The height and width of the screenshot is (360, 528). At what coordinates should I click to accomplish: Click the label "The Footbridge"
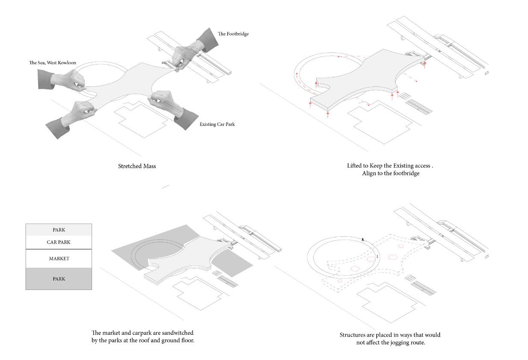pos(233,34)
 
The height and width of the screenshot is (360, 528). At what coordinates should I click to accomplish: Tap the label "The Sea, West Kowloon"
pos(53,63)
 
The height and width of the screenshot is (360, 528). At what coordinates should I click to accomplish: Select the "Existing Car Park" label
pos(217,124)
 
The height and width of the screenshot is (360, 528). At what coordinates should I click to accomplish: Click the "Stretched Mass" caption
pos(137,166)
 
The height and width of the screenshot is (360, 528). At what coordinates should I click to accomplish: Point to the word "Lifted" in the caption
pos(355,165)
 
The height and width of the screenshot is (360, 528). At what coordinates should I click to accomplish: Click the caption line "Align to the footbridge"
pos(390,173)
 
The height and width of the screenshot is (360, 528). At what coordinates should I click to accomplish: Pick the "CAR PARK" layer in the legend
pos(59,242)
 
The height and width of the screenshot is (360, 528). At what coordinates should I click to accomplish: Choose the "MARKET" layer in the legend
pos(59,259)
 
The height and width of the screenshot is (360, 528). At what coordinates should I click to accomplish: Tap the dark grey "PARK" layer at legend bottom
pos(59,279)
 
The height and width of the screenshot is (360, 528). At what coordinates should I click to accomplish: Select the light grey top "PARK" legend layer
pos(59,230)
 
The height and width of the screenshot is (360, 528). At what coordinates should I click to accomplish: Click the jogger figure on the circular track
pos(363,240)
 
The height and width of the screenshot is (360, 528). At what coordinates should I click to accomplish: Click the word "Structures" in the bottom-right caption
pos(352,335)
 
